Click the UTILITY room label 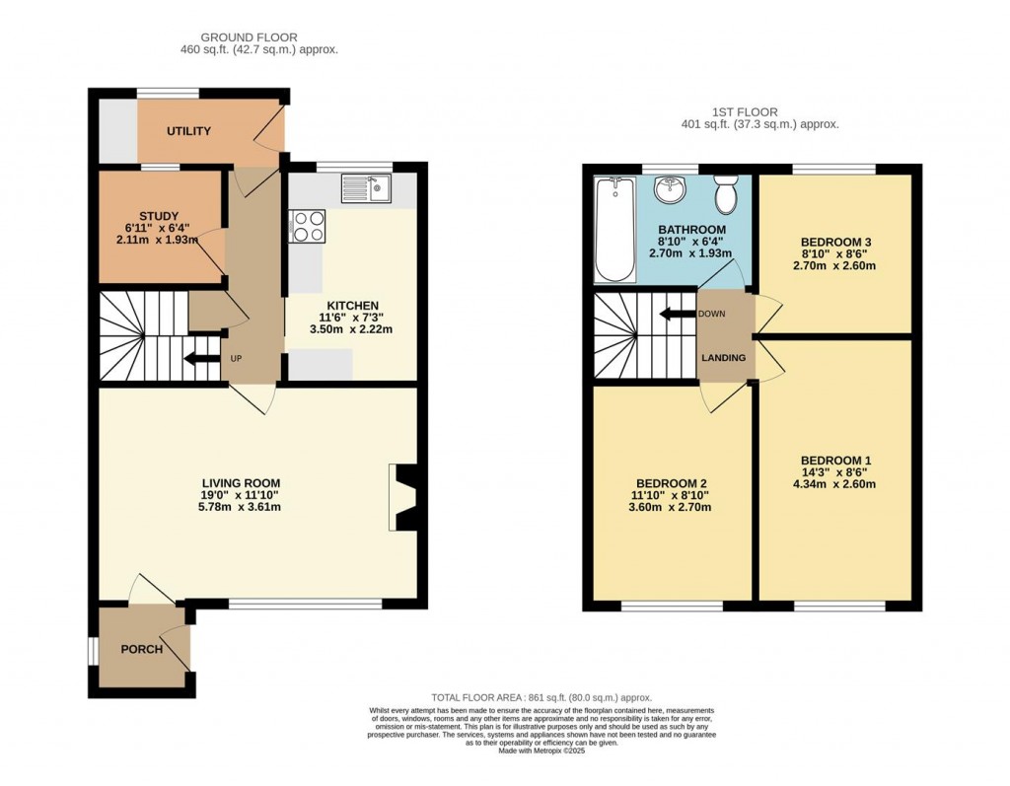[x=188, y=131]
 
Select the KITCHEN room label [x=354, y=305]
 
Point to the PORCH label [x=141, y=650]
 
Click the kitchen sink [x=366, y=187]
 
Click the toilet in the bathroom [x=726, y=195]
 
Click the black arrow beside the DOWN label [x=676, y=315]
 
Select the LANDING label [x=725, y=358]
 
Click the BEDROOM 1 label [x=835, y=461]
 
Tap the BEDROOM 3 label [x=835, y=242]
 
